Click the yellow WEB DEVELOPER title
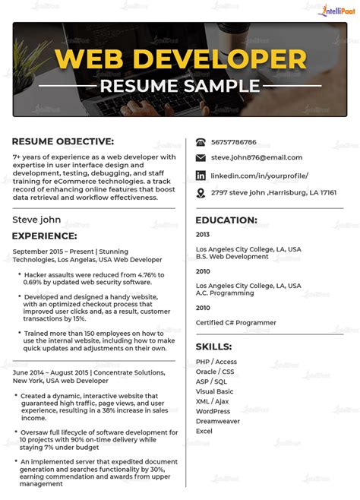click(180, 59)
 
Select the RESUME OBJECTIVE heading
click(63, 141)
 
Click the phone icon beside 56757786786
click(201, 142)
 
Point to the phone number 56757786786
click(234, 142)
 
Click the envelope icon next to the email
click(201, 158)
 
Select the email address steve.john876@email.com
click(257, 158)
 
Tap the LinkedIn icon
click(201, 176)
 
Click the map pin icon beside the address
click(201, 193)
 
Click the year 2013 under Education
click(203, 235)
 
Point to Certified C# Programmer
click(236, 322)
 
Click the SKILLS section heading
click(214, 346)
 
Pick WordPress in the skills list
click(213, 411)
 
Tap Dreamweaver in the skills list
click(217, 421)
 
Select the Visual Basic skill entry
click(214, 391)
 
